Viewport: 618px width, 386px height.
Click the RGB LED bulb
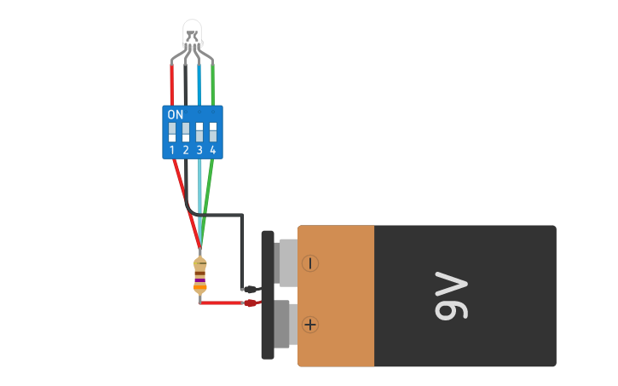[x=193, y=32]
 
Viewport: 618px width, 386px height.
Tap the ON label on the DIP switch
[x=175, y=114]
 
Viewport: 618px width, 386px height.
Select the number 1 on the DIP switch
[x=172, y=150]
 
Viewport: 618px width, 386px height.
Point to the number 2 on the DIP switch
[x=186, y=150]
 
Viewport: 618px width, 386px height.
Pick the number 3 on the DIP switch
[x=199, y=150]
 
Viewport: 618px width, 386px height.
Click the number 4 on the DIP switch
[x=212, y=150]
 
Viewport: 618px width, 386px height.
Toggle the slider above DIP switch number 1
[x=172, y=132]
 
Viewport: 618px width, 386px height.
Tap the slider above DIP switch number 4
[x=212, y=132]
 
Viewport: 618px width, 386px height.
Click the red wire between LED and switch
[x=172, y=85]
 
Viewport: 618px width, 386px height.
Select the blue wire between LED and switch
[x=199, y=85]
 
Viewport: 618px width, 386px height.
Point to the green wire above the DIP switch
[x=212, y=85]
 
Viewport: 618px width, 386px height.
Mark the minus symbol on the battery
[x=310, y=263]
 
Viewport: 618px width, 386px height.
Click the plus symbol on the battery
[x=310, y=324]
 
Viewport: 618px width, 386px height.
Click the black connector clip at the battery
[x=251, y=289]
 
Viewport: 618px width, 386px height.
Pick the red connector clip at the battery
[x=251, y=302]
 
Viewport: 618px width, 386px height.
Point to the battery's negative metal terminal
[x=286, y=262]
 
